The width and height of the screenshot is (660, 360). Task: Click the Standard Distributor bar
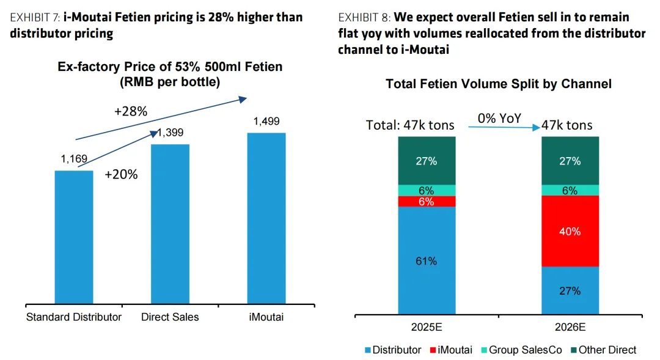74,237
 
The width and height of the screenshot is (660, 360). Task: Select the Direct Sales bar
170,224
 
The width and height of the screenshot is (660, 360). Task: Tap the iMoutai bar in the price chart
266,218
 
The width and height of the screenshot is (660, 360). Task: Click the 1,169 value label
74,160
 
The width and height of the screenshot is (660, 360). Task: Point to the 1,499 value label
266,122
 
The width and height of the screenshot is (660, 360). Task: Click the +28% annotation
130,111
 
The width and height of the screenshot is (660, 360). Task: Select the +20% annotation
121,174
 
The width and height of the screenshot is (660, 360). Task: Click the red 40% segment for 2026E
570,231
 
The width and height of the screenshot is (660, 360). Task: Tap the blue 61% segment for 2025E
427,260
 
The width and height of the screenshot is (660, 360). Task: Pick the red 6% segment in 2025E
427,201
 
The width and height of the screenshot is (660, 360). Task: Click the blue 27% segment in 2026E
570,290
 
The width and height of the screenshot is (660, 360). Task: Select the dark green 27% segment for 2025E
427,161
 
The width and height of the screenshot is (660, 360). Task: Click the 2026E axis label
570,326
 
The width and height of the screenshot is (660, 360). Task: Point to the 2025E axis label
427,326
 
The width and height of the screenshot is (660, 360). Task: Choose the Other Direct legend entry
607,350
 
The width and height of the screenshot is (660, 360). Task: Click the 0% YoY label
499,118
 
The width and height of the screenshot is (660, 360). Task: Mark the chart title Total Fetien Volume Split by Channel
498,84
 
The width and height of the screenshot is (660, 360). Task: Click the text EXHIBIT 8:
364,17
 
